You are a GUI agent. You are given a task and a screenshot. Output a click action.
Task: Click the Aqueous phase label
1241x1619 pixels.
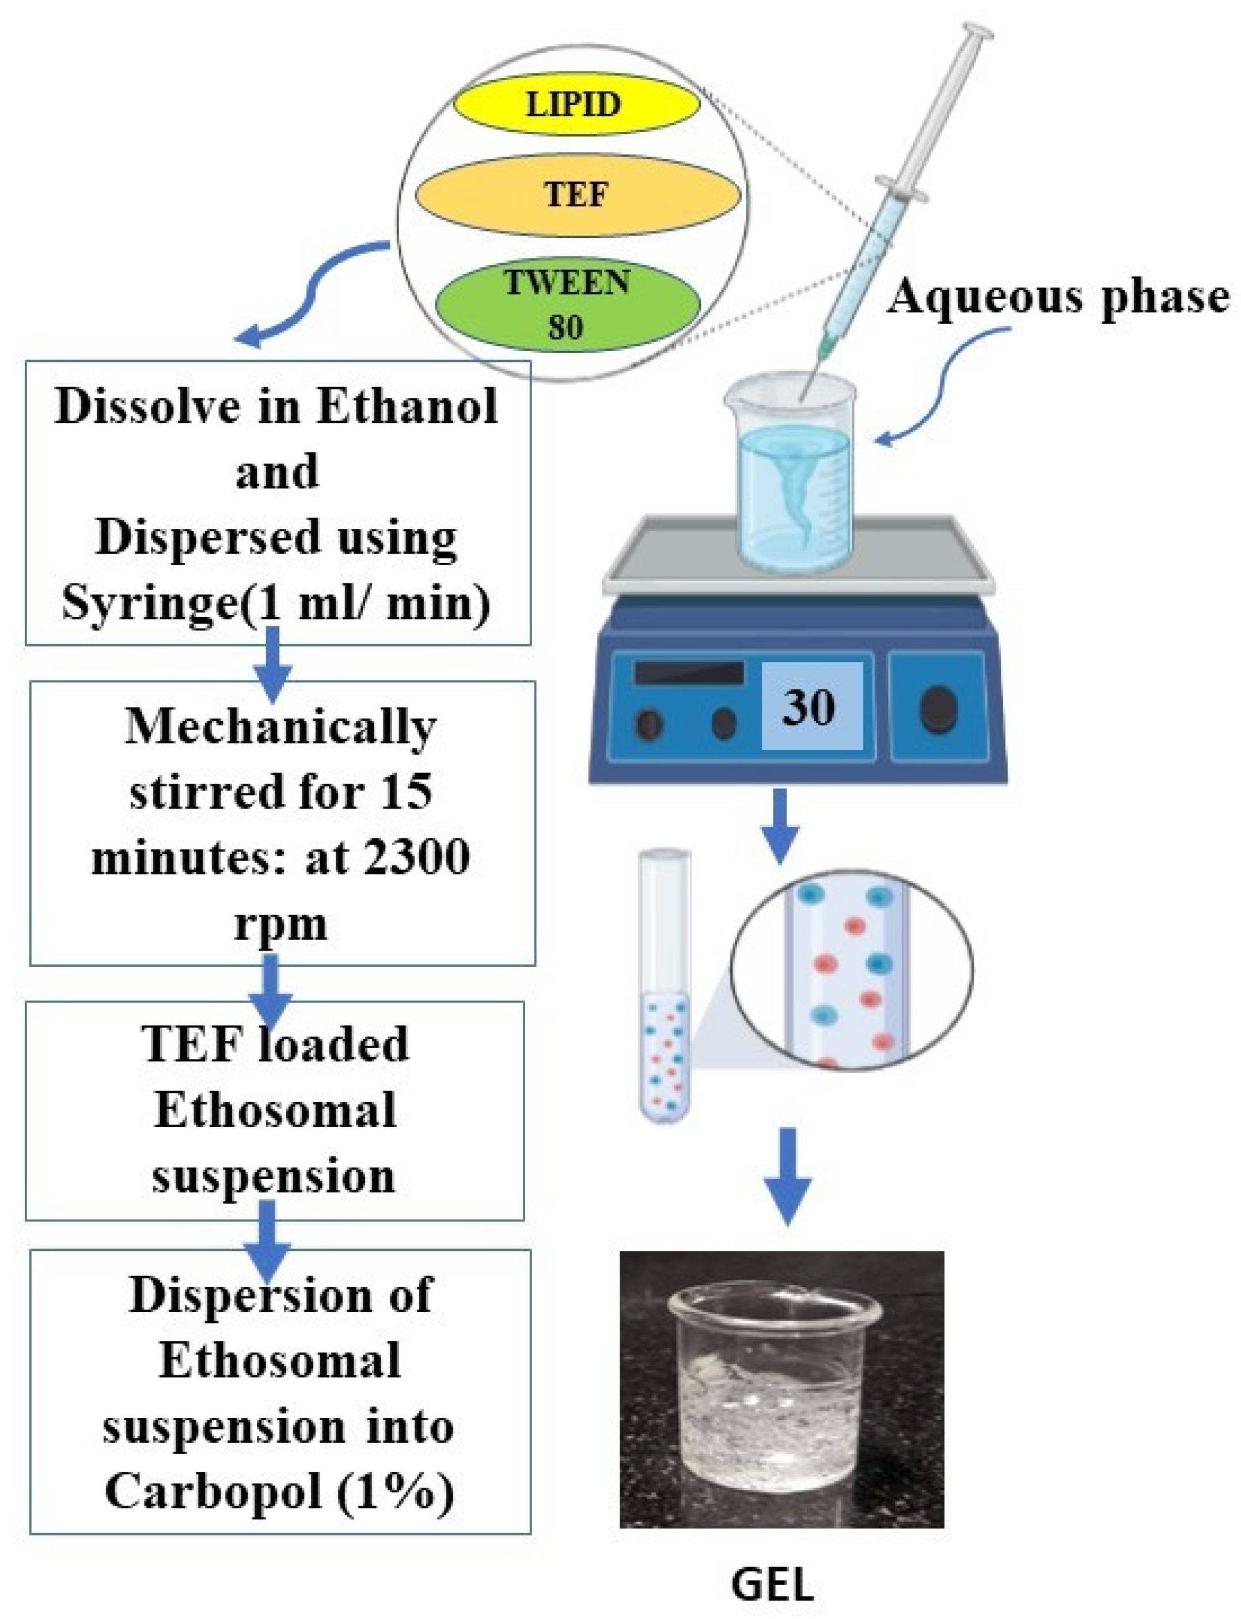click(1058, 297)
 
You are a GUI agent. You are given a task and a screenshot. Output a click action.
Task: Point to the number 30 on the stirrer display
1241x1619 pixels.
click(810, 706)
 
